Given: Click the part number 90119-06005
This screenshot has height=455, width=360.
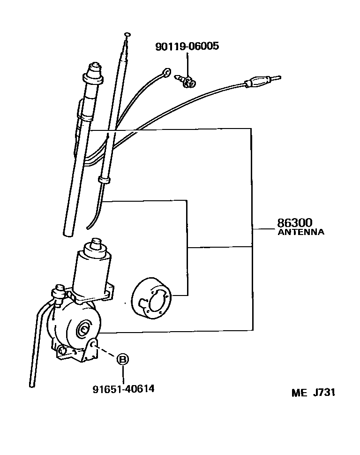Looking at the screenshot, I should [187, 46].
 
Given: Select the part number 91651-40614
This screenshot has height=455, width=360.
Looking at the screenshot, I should [123, 389].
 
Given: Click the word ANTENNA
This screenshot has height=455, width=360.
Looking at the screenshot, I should [300, 232].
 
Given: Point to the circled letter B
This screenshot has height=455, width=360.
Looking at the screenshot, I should [123, 360].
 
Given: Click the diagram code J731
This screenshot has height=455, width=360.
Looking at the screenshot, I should [323, 393].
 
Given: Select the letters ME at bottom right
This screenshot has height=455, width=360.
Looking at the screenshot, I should [299, 393].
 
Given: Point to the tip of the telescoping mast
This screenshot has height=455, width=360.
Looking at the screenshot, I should [127, 34].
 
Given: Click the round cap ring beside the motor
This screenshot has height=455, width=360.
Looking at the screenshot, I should [151, 298].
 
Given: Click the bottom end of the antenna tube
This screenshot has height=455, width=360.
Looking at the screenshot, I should [67, 231].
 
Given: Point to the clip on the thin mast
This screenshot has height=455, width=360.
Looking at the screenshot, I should [104, 180].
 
